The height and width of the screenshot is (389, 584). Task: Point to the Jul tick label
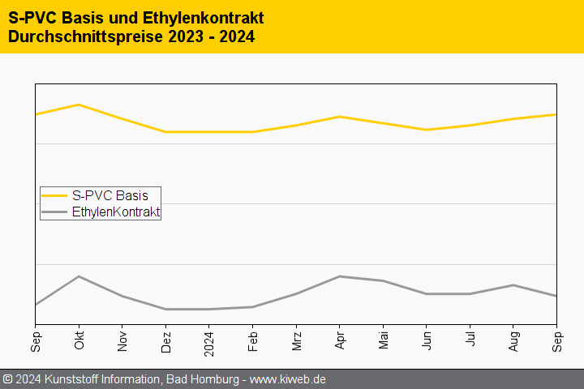(470, 339)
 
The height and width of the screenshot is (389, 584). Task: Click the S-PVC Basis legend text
(109, 195)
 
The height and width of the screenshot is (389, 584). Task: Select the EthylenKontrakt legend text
(115, 212)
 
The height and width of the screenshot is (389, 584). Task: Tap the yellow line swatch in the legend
(54, 195)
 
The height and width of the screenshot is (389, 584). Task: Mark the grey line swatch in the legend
(54, 212)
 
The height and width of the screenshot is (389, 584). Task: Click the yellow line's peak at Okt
(79, 105)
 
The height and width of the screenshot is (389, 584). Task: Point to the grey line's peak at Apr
(340, 276)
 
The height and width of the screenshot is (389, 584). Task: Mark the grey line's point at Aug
(513, 285)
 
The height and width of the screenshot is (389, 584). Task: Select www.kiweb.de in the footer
(287, 379)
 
